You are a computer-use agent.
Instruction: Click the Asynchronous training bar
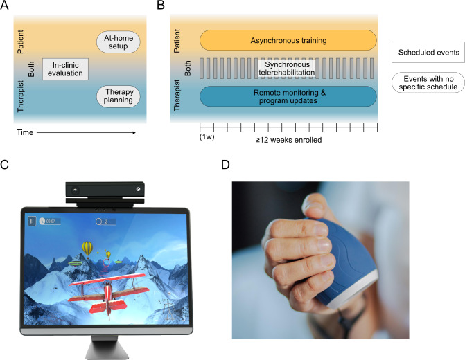288,39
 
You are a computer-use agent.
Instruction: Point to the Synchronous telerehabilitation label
288,68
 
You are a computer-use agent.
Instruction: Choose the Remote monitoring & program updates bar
288,96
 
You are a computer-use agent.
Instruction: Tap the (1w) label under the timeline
207,137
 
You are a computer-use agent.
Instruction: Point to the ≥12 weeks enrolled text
288,139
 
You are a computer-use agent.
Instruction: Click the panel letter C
6,166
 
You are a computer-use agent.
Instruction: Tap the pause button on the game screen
32,222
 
